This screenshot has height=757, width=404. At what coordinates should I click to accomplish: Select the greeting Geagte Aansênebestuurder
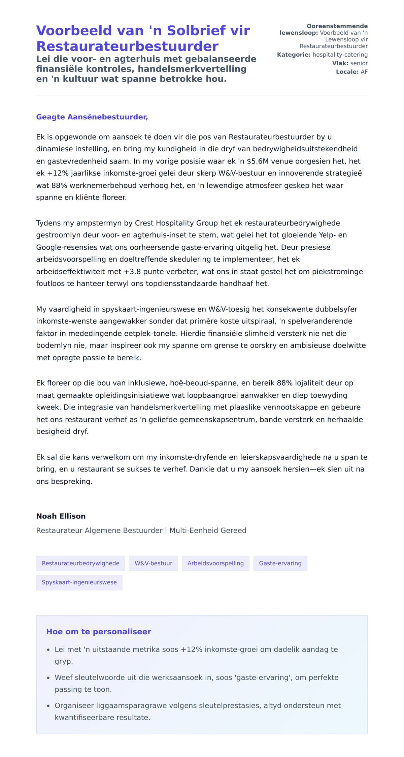tap(92, 117)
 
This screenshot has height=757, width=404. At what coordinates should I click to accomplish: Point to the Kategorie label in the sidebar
tap(294, 55)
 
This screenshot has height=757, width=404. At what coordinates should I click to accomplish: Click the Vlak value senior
tap(359, 63)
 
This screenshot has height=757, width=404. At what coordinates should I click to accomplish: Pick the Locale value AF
tap(364, 72)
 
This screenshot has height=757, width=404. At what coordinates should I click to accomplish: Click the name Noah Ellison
tap(61, 516)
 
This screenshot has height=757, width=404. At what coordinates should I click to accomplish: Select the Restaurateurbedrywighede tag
tap(80, 563)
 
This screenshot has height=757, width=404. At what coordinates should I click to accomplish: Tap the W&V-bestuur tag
tap(154, 563)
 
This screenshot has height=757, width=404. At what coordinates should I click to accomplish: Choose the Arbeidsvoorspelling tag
tap(215, 563)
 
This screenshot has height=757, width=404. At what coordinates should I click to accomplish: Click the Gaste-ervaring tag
tap(280, 563)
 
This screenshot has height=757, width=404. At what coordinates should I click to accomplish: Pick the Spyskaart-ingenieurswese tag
tap(79, 582)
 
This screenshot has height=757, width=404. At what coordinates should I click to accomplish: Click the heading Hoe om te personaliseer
tap(99, 632)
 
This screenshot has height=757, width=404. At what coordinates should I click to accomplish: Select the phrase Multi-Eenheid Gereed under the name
tap(208, 531)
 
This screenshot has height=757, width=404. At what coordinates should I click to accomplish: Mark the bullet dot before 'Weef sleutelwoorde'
tap(48, 678)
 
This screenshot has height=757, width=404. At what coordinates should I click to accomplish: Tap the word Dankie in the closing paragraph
tap(200, 469)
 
